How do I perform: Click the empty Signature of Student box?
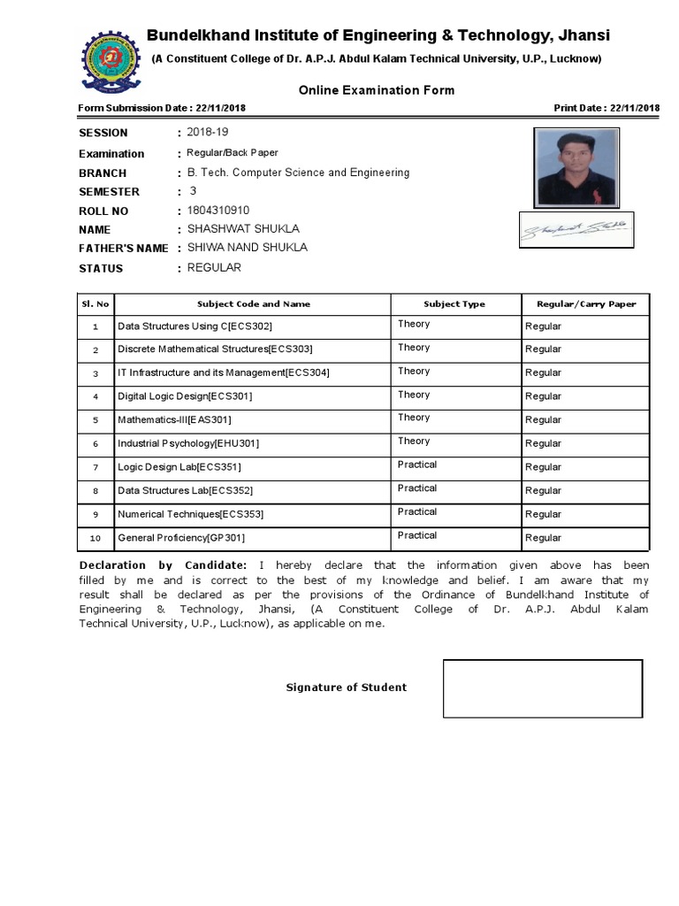pos(541,687)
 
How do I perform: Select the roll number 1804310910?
pos(218,211)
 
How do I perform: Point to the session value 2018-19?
pos(208,132)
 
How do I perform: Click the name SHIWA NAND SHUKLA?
pos(248,248)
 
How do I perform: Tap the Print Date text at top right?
pos(607,108)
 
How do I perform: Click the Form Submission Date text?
pos(162,108)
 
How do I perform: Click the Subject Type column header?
pos(454,303)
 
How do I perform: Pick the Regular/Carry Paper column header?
pos(586,303)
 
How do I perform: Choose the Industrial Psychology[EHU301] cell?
pos(188,443)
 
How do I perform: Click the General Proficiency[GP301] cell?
pos(181,537)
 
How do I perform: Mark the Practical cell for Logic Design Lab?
pos(417,465)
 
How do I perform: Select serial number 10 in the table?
pos(95,538)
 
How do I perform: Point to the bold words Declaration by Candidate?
pos(163,564)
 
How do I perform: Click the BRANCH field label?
pos(103,173)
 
